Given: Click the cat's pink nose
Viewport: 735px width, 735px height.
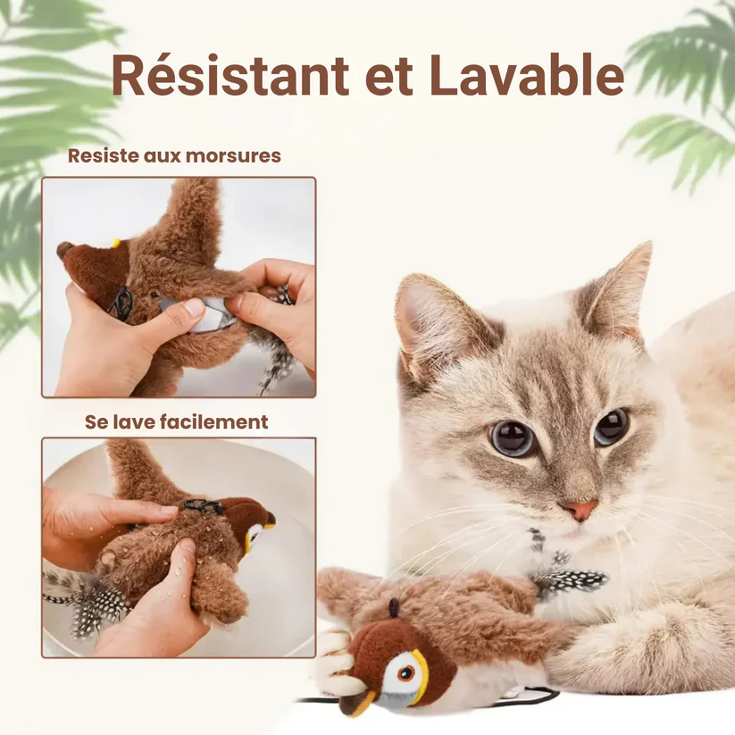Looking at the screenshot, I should pos(580,510).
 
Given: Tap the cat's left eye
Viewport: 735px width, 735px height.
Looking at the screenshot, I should pos(512,438).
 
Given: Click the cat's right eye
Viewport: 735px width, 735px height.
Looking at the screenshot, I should pos(612,427).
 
